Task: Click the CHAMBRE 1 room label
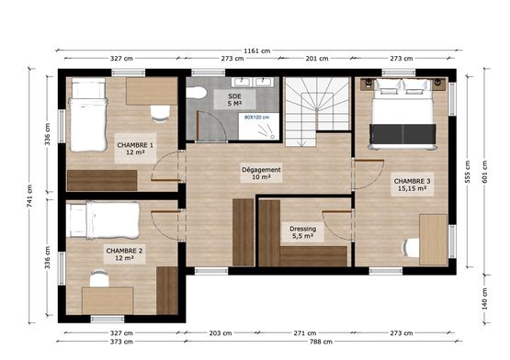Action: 135,148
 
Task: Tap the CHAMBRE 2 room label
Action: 124,254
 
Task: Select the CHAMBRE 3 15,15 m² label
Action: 412,185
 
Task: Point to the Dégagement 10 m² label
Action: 261,173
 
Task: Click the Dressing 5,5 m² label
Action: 303,232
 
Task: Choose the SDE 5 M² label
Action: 234,100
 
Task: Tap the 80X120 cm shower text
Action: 257,117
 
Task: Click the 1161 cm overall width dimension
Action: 257,51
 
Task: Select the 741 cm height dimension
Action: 29,196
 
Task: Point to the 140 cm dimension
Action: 484,298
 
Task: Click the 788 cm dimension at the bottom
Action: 321,342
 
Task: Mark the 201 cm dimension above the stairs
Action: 317,59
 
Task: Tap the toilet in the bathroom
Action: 197,93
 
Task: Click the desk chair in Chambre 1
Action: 160,114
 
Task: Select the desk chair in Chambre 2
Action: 99,278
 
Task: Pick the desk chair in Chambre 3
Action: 411,247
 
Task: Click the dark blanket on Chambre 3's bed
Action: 402,134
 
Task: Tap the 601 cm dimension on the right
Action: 484,172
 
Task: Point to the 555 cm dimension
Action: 468,172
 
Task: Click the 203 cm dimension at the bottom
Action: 221,333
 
